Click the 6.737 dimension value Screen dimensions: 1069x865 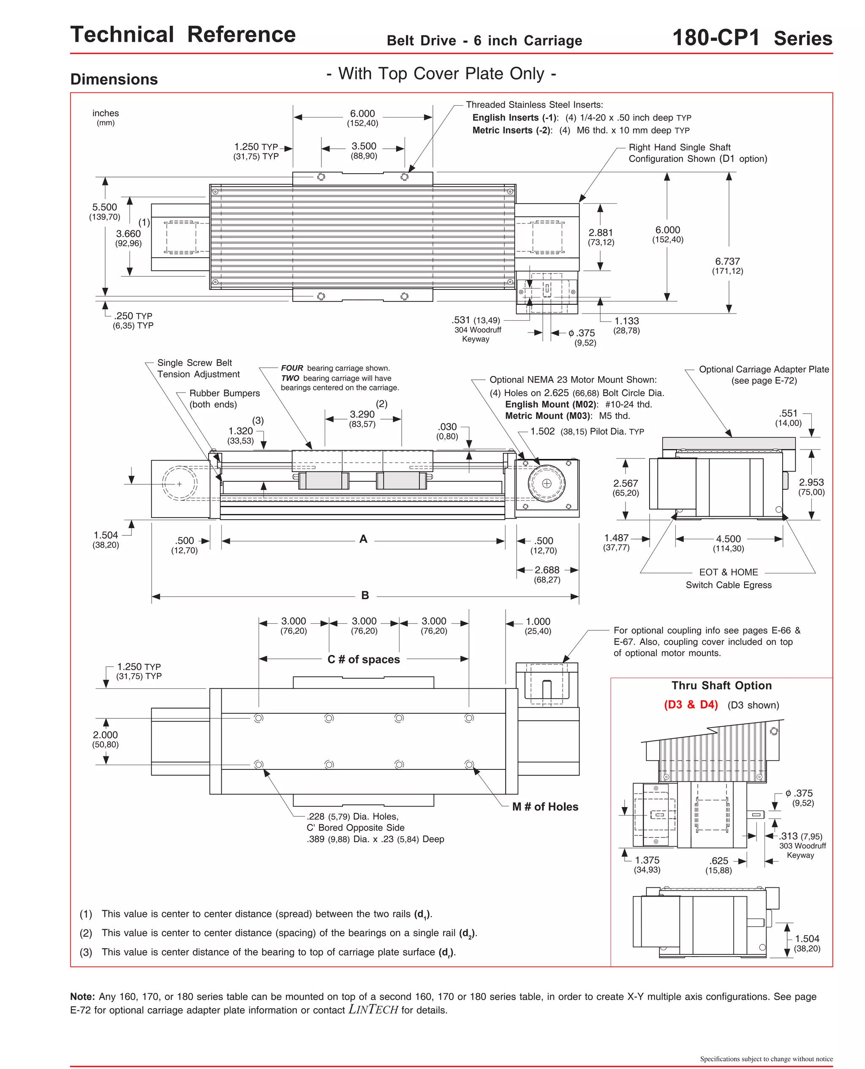click(727, 262)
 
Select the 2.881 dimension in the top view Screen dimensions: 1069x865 click(601, 233)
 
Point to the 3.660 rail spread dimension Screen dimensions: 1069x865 click(128, 234)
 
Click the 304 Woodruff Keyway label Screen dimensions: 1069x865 click(477, 334)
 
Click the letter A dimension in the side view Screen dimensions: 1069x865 click(363, 539)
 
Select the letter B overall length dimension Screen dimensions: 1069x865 click(365, 595)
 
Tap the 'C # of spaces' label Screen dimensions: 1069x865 click(363, 659)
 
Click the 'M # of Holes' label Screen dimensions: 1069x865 click(545, 807)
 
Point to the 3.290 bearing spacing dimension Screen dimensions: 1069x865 click(362, 415)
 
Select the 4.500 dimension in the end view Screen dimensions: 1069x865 click(728, 539)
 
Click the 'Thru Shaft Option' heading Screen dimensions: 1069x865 click(721, 686)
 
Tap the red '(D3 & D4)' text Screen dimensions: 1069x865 click(691, 705)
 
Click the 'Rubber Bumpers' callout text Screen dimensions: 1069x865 click(224, 394)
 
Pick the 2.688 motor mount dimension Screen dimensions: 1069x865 click(547, 570)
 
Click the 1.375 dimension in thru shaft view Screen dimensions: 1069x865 click(647, 861)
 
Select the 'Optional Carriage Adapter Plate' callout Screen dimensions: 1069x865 click(763, 370)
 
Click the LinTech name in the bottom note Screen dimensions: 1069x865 click(373, 1010)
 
